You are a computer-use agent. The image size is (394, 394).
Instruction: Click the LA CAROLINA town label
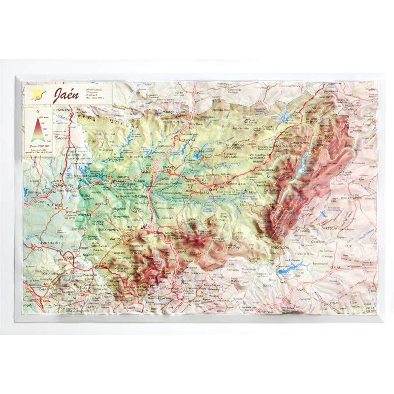coord(187,140)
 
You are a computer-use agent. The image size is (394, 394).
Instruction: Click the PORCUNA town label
coord(86,214)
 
